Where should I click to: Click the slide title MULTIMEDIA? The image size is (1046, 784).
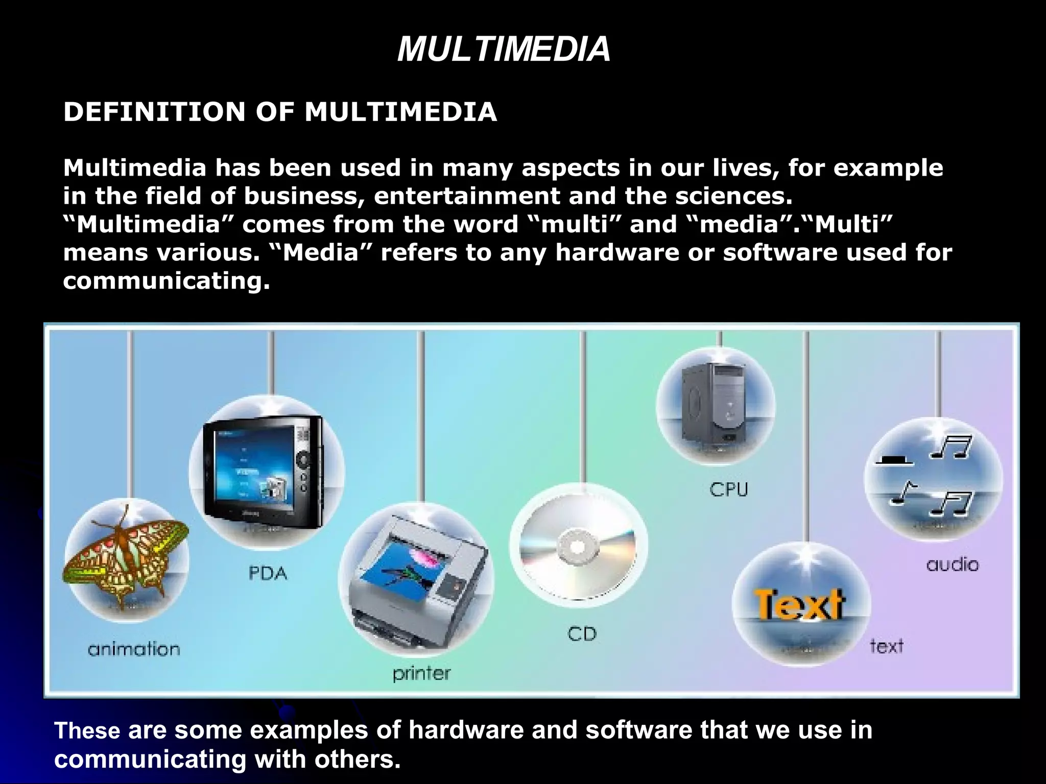(x=504, y=50)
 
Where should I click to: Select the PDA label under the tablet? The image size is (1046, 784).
(x=268, y=574)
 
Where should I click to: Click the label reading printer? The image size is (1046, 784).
(x=422, y=674)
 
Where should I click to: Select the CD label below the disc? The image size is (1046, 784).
(x=582, y=634)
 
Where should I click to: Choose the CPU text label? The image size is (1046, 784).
(x=729, y=489)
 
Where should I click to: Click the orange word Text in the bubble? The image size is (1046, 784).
(x=799, y=605)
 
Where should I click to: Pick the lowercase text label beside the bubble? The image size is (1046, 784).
(x=887, y=646)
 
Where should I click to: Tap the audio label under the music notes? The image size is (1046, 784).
(x=953, y=565)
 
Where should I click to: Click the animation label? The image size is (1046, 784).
(x=134, y=649)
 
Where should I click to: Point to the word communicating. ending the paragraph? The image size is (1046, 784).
(x=167, y=281)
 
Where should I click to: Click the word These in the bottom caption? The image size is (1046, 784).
(x=87, y=730)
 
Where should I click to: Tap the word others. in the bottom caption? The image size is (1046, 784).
(x=357, y=759)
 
